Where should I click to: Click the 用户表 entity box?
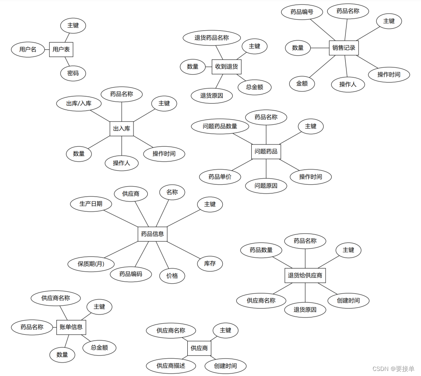point(61,49)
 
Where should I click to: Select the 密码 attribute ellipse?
point(73,73)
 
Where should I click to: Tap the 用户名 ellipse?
point(28,49)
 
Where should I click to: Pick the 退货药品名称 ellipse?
point(211,38)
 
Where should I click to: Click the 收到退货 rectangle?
point(226,67)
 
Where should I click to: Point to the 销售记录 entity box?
point(344,48)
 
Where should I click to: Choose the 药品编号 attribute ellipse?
point(302,12)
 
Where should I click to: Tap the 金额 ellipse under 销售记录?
point(302,83)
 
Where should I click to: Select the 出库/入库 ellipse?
point(79,103)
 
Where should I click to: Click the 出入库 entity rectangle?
point(122,129)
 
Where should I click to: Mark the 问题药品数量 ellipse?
point(220,126)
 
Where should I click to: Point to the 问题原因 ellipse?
point(266,185)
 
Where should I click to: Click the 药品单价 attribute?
point(220,177)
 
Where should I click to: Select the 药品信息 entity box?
point(152,234)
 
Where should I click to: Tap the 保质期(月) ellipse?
point(91,264)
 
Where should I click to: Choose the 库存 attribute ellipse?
point(210,263)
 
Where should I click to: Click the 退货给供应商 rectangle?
point(305,276)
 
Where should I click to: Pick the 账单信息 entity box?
point(71,327)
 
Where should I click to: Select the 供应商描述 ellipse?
point(171,365)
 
